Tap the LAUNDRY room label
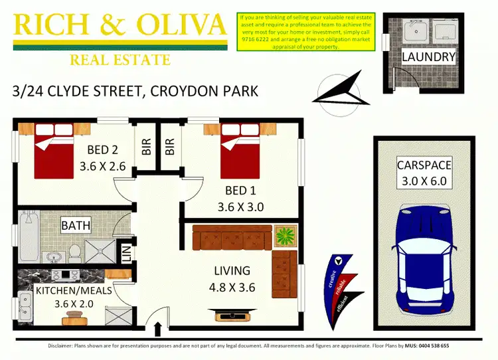pos(428,57)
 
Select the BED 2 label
pos(102,149)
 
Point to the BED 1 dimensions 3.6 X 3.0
pos(240,207)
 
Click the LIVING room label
pos(232,271)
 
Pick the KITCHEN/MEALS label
pos(74,291)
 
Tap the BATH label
pos(76,226)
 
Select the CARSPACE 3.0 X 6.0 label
pos(424,173)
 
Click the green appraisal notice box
pos(306,31)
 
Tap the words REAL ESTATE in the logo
pos(120,60)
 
